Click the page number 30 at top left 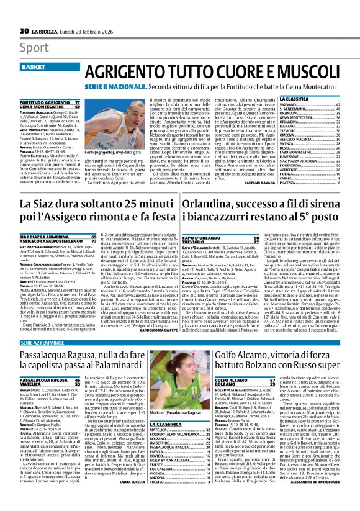point(24,31)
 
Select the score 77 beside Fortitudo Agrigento point(77,101)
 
